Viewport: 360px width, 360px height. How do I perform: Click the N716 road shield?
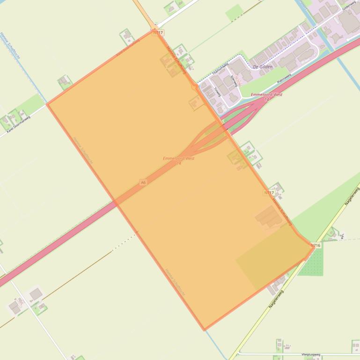pyautogui.click(x=316, y=245)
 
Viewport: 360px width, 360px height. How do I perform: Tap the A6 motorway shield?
pyautogui.click(x=143, y=182)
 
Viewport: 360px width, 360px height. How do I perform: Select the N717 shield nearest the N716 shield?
pyautogui.click(x=269, y=193)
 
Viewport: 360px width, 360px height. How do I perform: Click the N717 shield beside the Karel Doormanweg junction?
pyautogui.click(x=158, y=33)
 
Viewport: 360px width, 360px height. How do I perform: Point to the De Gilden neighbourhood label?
pyautogui.click(x=262, y=67)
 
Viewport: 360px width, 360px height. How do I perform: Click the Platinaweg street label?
pyautogui.click(x=284, y=78)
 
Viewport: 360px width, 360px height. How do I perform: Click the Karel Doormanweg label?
pyautogui.click(x=19, y=124)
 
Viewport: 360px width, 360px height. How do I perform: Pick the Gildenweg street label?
pyautogui.click(x=349, y=6)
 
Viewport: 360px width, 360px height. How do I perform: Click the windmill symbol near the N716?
pyautogui.click(x=343, y=237)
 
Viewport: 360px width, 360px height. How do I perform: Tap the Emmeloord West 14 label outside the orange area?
pyautogui.click(x=267, y=96)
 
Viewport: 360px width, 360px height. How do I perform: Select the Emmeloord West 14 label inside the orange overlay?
pyautogui.click(x=178, y=160)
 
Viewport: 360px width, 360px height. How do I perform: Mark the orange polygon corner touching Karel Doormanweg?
pyautogui.click(x=48, y=104)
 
